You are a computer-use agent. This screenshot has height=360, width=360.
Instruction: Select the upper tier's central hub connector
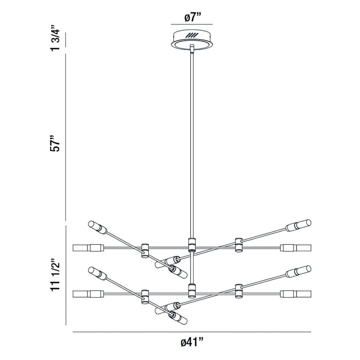point(191,244)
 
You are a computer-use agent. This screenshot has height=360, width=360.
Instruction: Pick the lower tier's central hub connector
point(191,291)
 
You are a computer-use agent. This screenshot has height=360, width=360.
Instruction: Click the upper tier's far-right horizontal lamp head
point(296,248)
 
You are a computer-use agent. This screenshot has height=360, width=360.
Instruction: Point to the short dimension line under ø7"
point(192,25)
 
